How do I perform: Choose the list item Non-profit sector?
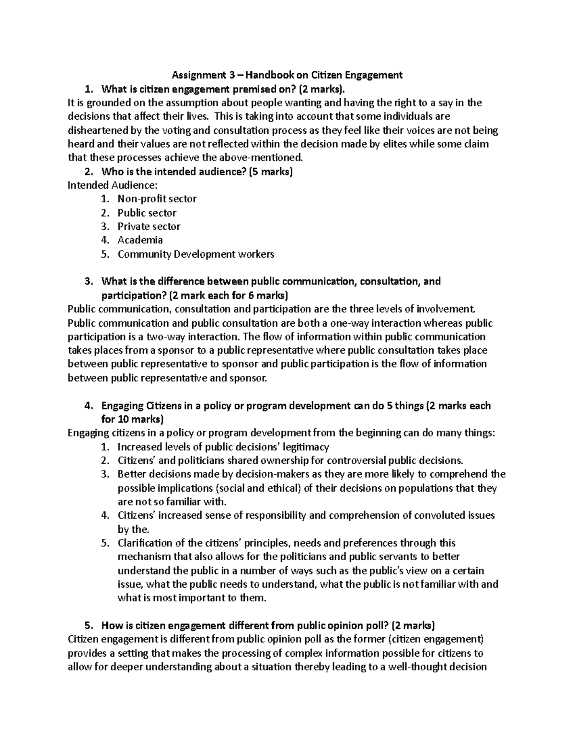click(157, 199)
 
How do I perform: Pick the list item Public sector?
click(147, 213)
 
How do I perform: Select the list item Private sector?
click(149, 226)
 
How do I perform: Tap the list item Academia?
click(140, 240)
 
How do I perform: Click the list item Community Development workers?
click(196, 254)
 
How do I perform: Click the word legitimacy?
click(306, 447)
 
